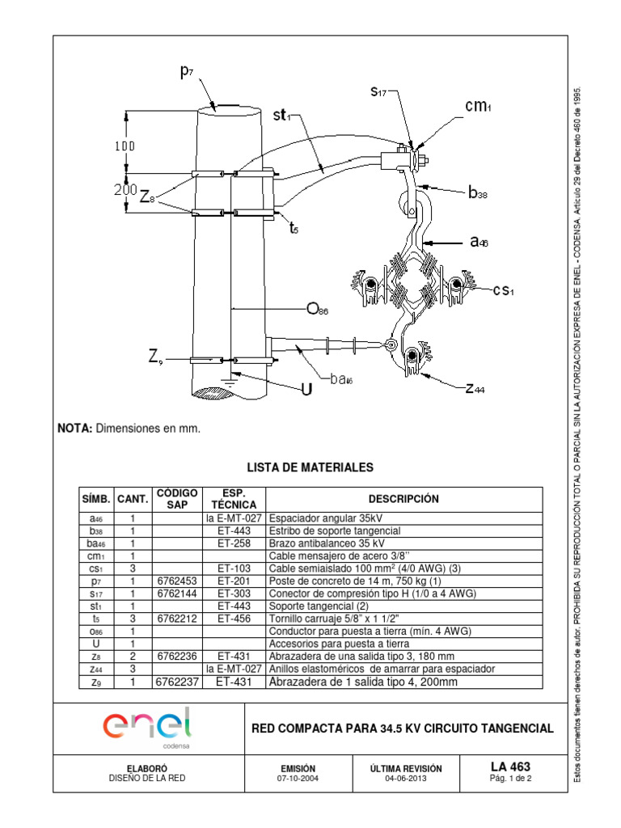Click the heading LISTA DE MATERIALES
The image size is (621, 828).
[x=310, y=467]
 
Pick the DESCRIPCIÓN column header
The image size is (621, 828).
[x=404, y=499]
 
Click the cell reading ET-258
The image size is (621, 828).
[x=233, y=543]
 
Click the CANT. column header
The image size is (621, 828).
[x=131, y=500]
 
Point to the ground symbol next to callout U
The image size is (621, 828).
[x=232, y=377]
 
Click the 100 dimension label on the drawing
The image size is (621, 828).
[x=125, y=146]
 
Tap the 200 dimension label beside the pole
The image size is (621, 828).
[x=124, y=190]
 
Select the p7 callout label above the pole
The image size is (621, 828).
[x=187, y=73]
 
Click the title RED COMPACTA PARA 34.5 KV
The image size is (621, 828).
[x=403, y=728]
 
